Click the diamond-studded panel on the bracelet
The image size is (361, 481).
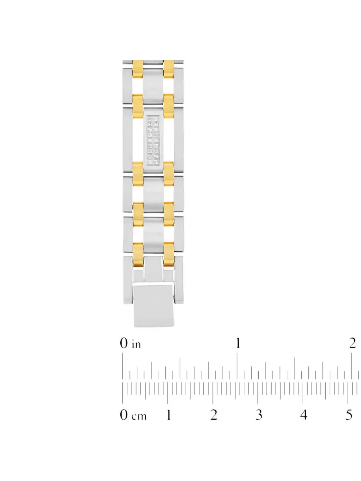pos(153,140)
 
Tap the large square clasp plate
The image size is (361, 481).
pos(154,306)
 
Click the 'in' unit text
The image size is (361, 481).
pos(136,344)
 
